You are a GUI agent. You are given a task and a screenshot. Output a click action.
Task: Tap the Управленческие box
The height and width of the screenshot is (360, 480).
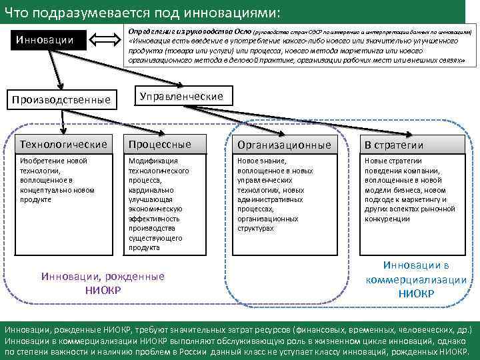(181, 97)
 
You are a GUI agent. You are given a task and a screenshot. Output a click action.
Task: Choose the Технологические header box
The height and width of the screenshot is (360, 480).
(63, 144)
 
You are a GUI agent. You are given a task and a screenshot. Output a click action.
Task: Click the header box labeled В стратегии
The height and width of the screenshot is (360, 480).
(413, 145)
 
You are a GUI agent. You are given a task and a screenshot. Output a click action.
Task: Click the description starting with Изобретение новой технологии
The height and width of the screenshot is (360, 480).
(63, 180)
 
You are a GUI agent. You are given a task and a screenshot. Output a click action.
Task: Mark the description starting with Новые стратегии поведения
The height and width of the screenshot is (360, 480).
(413, 189)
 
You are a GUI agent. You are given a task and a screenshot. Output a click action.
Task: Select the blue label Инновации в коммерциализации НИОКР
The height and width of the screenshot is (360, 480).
(416, 279)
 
